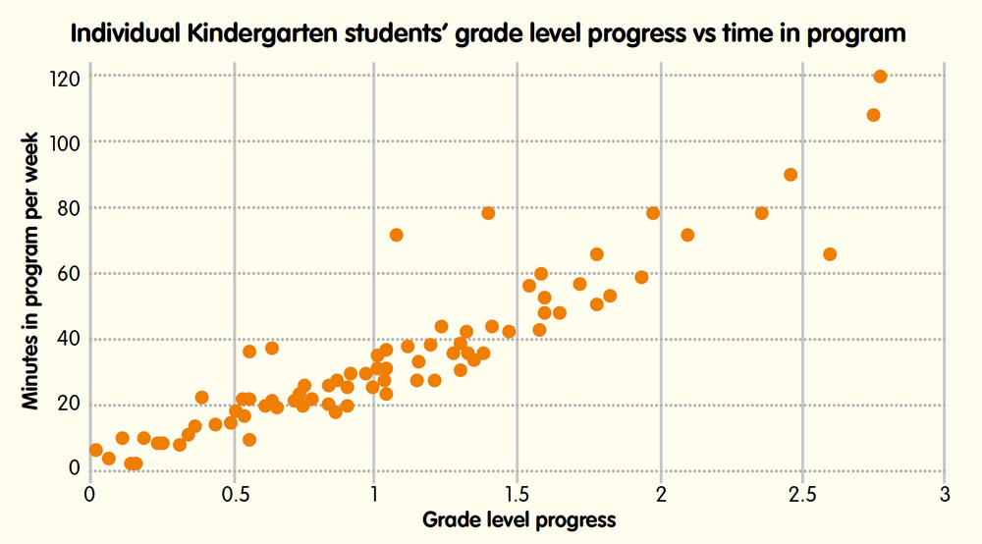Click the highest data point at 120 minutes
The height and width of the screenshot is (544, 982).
click(880, 77)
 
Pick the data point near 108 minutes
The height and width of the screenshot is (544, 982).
click(873, 115)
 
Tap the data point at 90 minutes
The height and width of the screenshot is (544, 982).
click(791, 175)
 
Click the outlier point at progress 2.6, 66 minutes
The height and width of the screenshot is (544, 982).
click(830, 254)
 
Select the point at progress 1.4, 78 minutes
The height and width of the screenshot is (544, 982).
click(488, 213)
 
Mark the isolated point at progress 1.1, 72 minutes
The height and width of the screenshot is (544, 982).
click(397, 235)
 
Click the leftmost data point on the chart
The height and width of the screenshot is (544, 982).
click(95, 450)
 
